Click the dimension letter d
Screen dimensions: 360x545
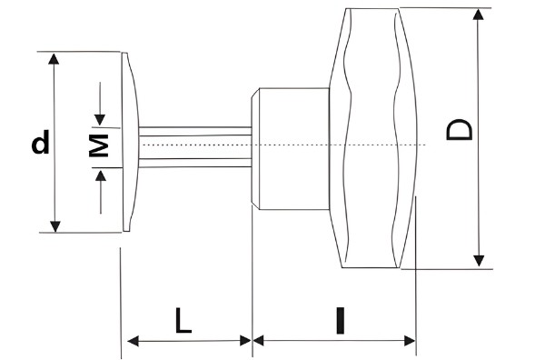coord(40,143)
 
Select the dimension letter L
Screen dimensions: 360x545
coord(183,321)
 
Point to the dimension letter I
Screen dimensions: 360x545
coord(339,321)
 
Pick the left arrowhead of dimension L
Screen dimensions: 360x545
coord(132,341)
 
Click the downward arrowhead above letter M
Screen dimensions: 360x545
coord(100,119)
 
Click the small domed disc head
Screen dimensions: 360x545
coord(129,143)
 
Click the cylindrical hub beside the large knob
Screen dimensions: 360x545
coord(289,145)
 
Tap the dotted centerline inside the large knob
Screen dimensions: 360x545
coord(372,145)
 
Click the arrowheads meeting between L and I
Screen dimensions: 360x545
coord(252,341)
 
